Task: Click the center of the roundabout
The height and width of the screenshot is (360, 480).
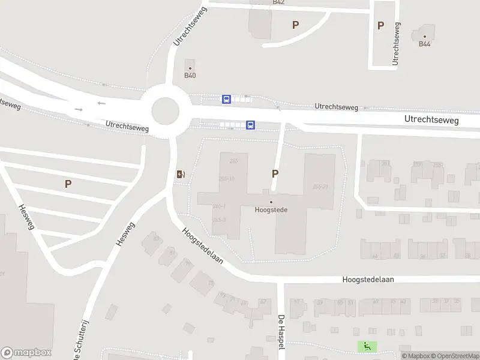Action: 165,110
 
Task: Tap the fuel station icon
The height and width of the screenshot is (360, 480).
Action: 181,175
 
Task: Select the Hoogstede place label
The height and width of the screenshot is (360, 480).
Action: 270,210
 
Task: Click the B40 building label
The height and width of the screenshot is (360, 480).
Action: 190,76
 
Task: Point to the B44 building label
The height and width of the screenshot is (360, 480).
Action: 425,44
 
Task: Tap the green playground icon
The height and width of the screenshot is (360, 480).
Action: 366,346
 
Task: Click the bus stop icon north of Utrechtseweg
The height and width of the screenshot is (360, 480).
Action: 226,99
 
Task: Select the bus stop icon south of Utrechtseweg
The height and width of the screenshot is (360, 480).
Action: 250,125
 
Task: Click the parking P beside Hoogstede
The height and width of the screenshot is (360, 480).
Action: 275,174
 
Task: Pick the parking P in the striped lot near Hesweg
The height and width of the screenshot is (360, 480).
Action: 68,184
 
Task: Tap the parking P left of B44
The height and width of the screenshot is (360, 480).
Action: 380,25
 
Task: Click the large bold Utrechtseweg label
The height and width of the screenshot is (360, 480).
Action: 431,120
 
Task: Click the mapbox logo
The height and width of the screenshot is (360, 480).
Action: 26,353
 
